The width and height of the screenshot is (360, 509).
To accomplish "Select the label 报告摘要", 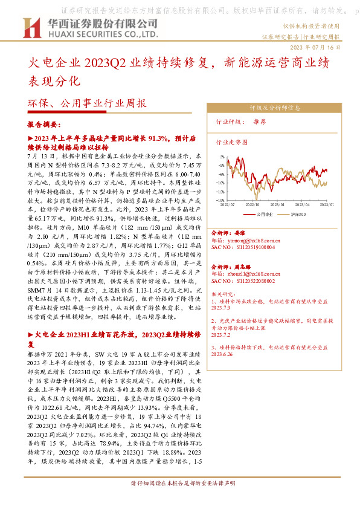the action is click(x=43, y=125).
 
